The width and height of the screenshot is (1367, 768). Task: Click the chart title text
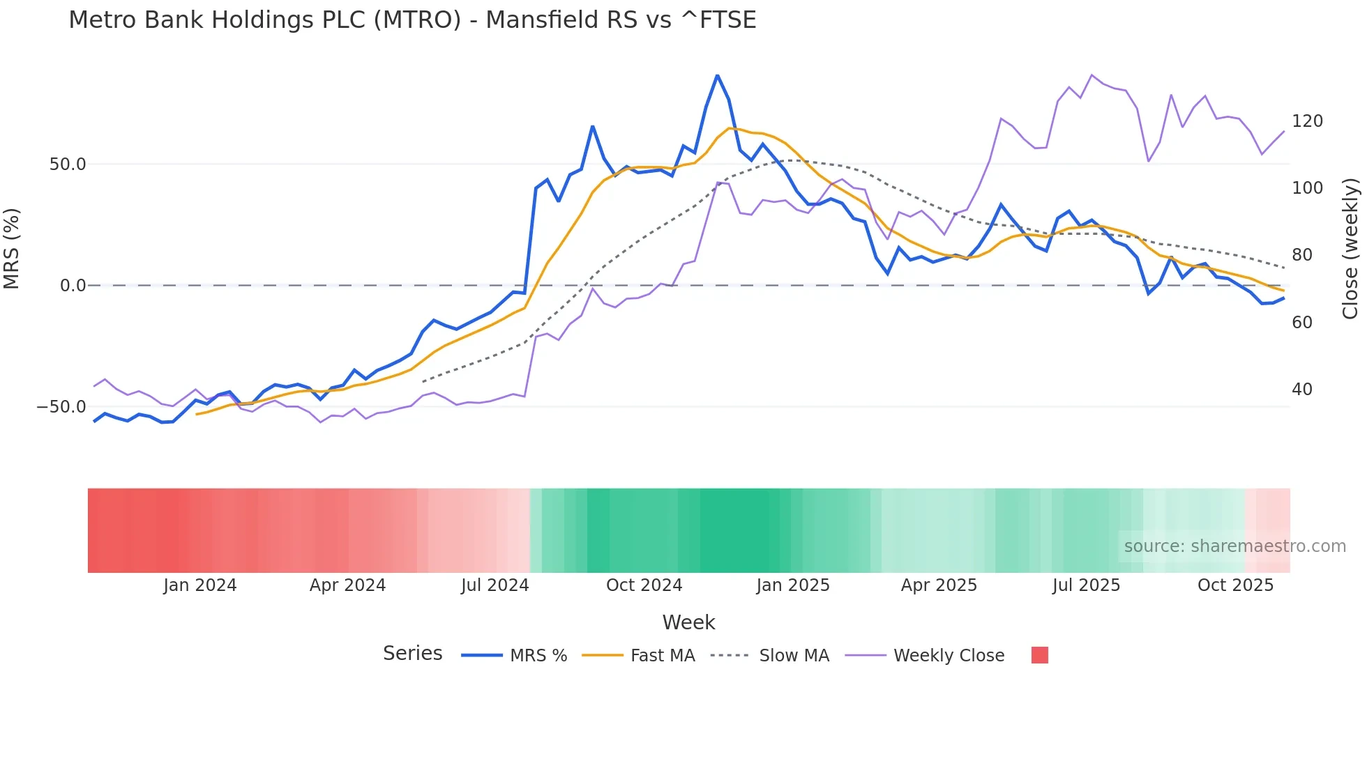coord(412,20)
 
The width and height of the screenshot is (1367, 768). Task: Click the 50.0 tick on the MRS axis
coord(68,164)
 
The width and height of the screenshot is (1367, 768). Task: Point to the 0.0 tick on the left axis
coord(73,286)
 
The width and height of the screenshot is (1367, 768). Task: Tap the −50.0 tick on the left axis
coord(62,407)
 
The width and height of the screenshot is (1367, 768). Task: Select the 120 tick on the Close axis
coord(1307,121)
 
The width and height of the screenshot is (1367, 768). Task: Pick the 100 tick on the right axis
coord(1307,188)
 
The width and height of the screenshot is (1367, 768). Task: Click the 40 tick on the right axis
coord(1302,390)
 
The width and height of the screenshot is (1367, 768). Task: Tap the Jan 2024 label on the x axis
coord(200,585)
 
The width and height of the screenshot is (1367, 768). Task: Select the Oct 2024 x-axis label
coord(644,585)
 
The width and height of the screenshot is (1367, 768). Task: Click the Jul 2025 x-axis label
coord(1086,585)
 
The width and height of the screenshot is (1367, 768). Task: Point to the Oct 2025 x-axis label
coord(1235,585)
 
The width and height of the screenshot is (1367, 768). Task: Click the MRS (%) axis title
coord(12,249)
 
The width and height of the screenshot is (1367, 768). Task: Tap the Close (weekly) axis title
coord(1350,249)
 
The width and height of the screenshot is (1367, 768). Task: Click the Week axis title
coord(688,622)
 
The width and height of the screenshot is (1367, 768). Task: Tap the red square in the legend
coord(1039,655)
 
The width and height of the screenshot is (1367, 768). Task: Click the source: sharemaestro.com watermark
coord(1234,546)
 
